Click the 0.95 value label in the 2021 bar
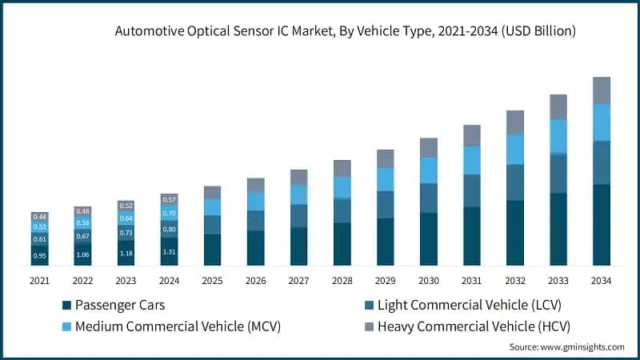(x=39, y=256)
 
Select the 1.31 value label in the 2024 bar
(x=169, y=251)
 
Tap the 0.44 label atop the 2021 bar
(x=39, y=217)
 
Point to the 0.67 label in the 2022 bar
(x=82, y=236)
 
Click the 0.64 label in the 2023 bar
(x=126, y=218)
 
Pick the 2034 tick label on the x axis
(x=601, y=280)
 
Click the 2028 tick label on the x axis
(x=342, y=280)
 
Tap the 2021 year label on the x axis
(x=39, y=280)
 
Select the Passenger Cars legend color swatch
(x=67, y=305)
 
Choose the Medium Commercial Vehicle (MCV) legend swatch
(x=67, y=326)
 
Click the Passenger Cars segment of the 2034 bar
(x=601, y=225)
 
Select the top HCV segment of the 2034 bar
(x=601, y=90)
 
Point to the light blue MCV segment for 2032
(x=514, y=149)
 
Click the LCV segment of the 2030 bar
(x=428, y=198)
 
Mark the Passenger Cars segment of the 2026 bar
(x=255, y=248)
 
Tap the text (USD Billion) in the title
(x=534, y=32)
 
